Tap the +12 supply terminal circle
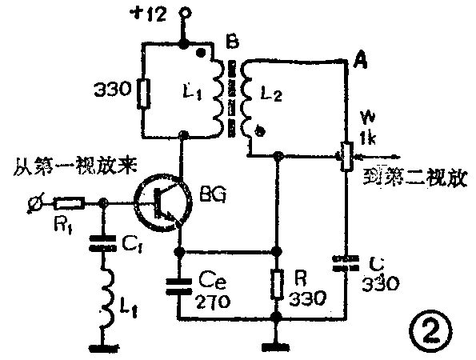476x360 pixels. coord(183,13)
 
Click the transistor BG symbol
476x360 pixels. coord(163,203)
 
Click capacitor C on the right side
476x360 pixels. coord(346,265)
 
